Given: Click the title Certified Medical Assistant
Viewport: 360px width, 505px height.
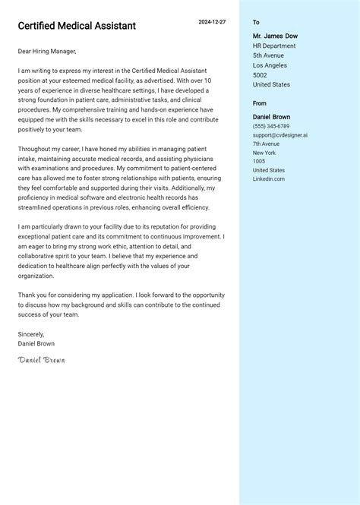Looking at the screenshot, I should coord(77,26).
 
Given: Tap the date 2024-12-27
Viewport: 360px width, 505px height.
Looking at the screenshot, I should coord(212,22).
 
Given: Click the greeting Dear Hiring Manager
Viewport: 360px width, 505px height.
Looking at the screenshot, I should coord(46,52).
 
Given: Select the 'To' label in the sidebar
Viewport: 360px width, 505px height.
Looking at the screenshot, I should coord(256,23).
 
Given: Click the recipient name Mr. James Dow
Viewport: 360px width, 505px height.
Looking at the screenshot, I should coord(275,36).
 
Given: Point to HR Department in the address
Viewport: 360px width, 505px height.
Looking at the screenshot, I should coord(274,46).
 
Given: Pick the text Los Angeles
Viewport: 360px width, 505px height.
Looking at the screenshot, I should coord(270,65).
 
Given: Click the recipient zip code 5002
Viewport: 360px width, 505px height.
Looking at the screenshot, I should coord(260,75).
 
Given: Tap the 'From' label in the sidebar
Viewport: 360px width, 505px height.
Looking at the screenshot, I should coord(260,103).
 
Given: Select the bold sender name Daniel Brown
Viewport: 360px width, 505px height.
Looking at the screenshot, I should coord(271,117).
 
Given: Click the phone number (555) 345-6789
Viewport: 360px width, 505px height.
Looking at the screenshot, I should coord(271,126).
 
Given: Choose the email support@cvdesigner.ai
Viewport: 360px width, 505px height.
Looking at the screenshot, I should coord(279,135).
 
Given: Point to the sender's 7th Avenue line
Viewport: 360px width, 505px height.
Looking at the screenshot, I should coord(267,144).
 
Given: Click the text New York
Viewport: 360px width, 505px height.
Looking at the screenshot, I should coord(264,153).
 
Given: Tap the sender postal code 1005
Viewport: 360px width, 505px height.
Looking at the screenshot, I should coord(259,161).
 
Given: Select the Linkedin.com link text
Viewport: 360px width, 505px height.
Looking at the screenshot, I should coord(269,178).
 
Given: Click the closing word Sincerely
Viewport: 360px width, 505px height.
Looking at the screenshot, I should coord(31,334).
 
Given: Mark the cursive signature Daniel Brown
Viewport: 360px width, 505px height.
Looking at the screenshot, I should coord(41,359).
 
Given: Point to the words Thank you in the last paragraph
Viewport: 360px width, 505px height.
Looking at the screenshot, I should coord(32,295).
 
